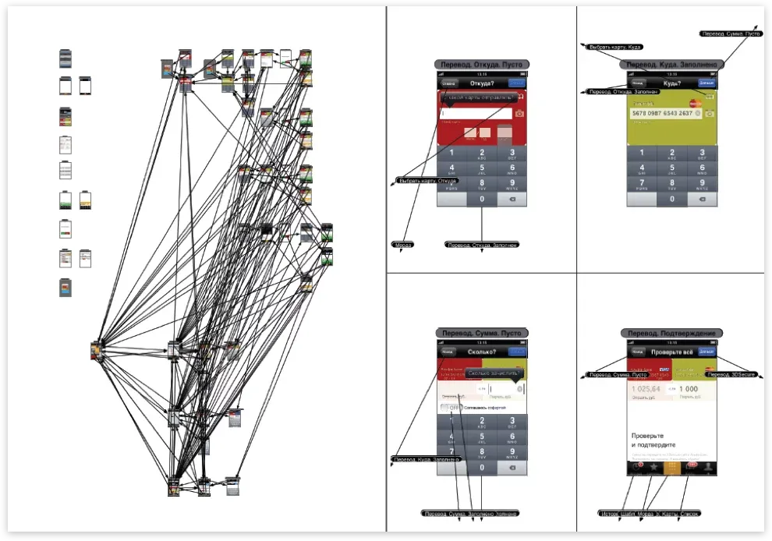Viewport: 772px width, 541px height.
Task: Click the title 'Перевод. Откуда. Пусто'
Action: point(481,65)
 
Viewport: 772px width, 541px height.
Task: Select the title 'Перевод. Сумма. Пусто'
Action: point(481,333)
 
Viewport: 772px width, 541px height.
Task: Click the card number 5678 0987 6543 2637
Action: point(662,114)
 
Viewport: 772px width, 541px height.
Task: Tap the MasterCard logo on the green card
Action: point(696,102)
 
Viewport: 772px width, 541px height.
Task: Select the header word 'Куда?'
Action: point(671,83)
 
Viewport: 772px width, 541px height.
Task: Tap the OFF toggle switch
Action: point(450,408)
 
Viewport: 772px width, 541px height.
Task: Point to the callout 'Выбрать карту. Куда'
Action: point(615,47)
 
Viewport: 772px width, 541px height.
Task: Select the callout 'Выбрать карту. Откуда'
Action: point(427,181)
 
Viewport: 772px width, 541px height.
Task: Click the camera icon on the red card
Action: point(520,113)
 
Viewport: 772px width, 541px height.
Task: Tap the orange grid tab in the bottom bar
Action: point(671,467)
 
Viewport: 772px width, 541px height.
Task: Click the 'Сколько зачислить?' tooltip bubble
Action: point(490,373)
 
